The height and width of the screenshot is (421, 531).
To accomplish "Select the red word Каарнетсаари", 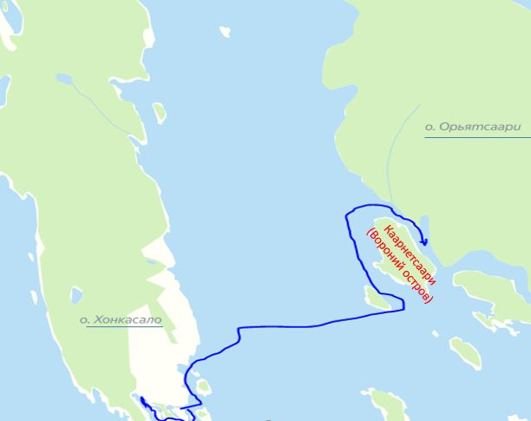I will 409,255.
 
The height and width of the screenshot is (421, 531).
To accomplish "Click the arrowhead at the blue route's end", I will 424,241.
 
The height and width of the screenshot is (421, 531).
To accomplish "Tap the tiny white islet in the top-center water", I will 226,32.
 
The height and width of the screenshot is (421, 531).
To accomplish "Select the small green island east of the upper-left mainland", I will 160,113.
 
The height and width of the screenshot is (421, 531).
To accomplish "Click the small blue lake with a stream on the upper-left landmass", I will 65,79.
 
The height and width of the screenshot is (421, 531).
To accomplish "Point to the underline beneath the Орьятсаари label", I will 477,137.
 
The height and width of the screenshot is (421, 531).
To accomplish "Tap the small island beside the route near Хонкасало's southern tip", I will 203,385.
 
